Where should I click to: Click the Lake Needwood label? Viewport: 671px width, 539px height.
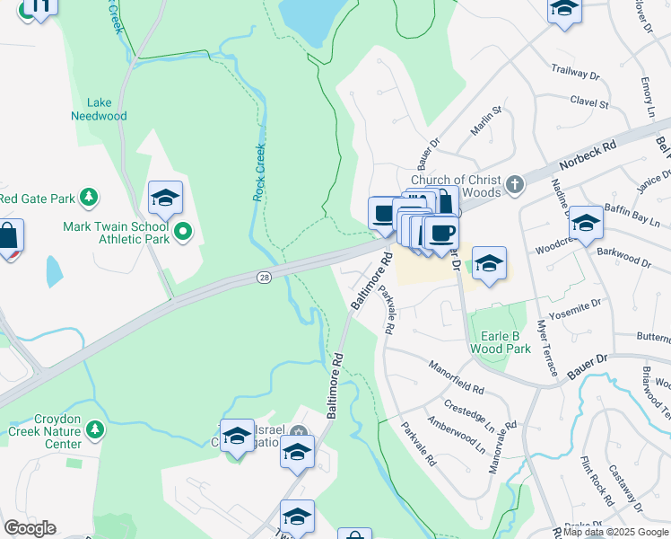tap(99, 110)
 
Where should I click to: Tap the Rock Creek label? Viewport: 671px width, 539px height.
tap(259, 172)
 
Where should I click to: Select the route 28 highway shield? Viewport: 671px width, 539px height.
tap(263, 279)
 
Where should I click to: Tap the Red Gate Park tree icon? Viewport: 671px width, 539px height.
tap(88, 197)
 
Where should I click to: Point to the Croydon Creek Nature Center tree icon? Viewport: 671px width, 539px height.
tap(96, 430)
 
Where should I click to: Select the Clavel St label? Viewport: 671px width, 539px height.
tap(588, 103)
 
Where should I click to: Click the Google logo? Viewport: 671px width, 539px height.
tap(30, 528)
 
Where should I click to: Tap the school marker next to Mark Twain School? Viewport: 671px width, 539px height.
tap(165, 199)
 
